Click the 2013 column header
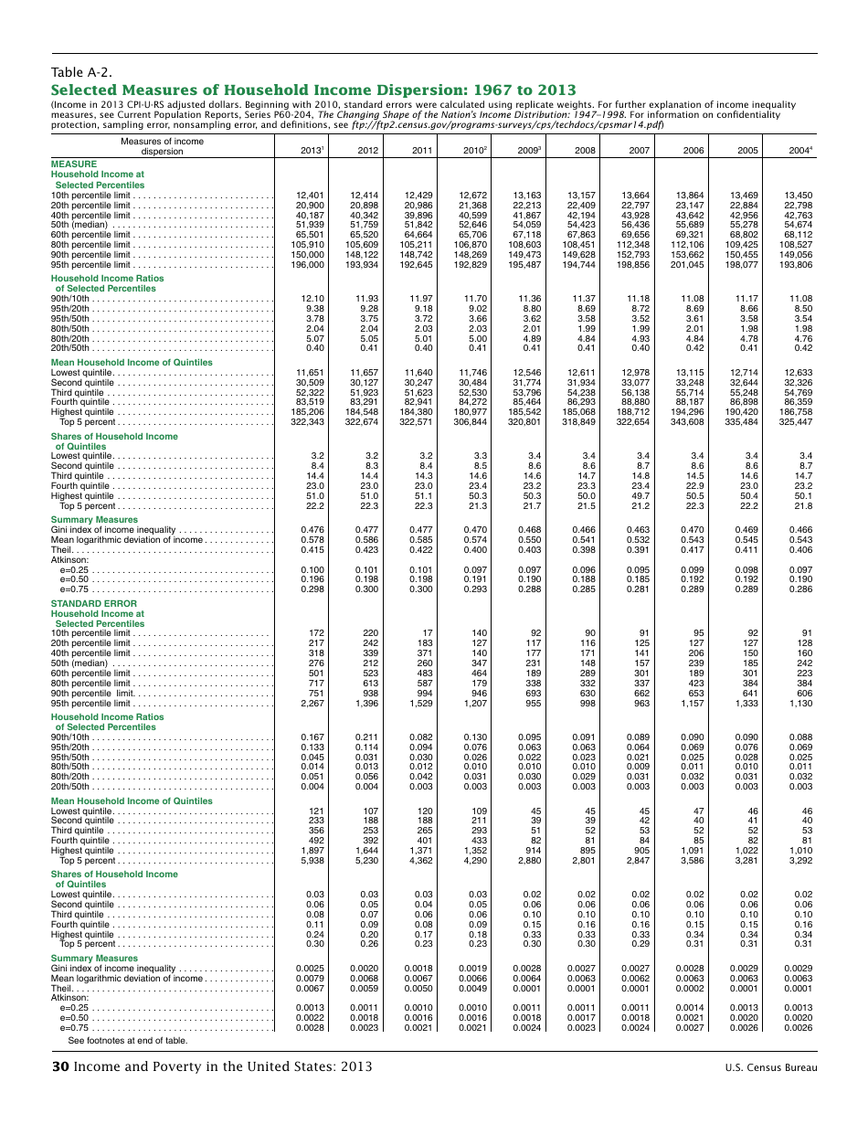(x=312, y=152)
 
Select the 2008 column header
(x=583, y=152)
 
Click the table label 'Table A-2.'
(x=81, y=72)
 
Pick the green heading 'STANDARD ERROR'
(x=90, y=604)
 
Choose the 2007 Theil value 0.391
(x=637, y=550)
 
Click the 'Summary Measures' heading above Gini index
(x=94, y=520)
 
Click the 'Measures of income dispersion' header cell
(x=162, y=146)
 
